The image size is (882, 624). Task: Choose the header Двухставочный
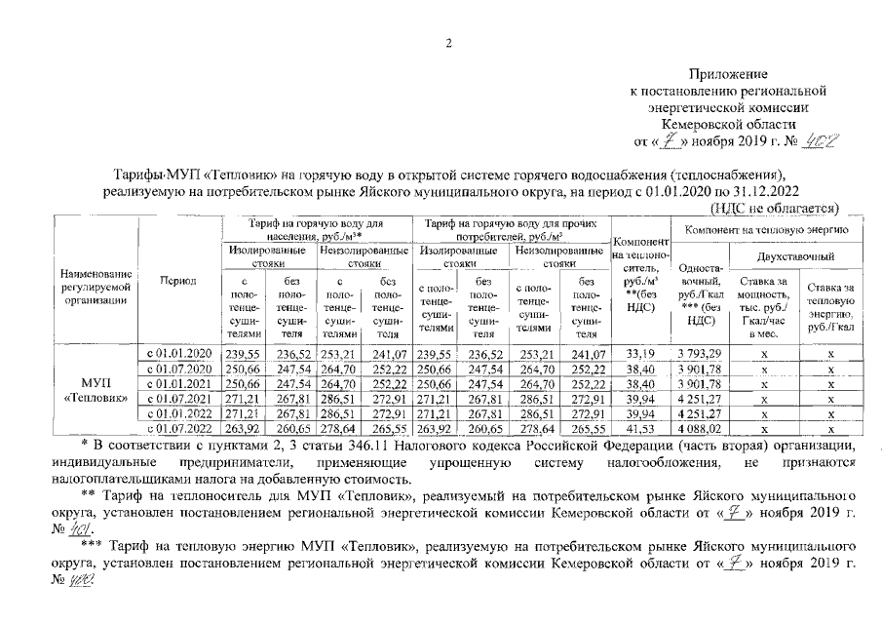(x=794, y=255)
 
